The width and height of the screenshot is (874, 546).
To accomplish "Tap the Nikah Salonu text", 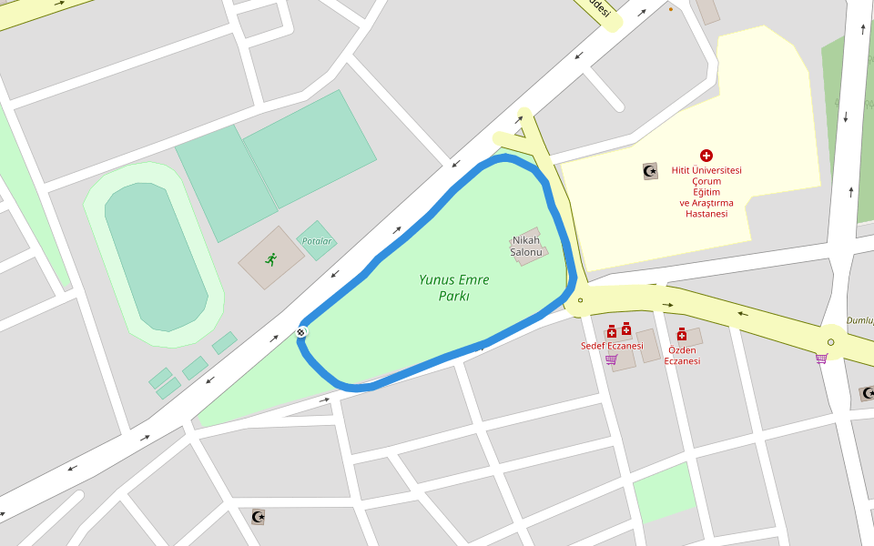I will click(x=525, y=247).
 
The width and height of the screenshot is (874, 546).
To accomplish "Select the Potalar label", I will click(x=317, y=241).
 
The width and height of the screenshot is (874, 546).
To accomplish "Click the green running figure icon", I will click(x=270, y=259).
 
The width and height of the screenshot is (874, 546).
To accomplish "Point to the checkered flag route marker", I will click(x=301, y=332).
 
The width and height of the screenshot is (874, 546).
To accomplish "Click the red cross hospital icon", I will click(x=706, y=156).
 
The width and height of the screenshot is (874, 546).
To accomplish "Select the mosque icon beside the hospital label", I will click(x=650, y=171).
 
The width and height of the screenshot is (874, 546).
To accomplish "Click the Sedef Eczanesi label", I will click(x=612, y=346).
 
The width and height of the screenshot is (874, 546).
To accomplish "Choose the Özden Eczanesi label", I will click(x=682, y=356).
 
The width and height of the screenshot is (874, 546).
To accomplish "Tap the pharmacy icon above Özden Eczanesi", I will click(x=681, y=335).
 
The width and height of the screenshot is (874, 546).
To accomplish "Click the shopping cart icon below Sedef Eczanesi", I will click(x=611, y=359).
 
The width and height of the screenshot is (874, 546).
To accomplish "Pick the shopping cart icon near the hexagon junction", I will click(x=821, y=359).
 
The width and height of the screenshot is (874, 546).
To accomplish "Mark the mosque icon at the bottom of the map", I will click(x=259, y=517).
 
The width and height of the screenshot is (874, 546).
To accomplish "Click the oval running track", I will click(x=155, y=255).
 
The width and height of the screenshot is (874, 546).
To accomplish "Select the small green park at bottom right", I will click(x=664, y=492).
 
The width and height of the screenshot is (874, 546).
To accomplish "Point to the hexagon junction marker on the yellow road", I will click(x=830, y=342).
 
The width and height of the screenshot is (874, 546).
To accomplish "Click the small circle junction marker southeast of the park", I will click(x=580, y=299).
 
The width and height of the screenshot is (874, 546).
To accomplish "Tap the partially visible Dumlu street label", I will click(x=859, y=320).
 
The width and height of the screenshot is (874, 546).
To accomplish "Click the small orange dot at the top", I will click(x=671, y=9).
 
